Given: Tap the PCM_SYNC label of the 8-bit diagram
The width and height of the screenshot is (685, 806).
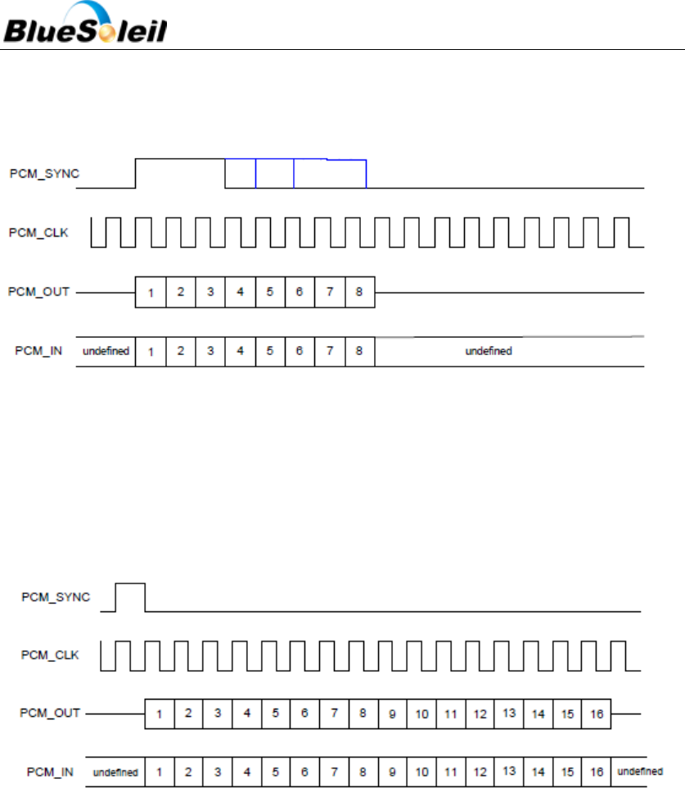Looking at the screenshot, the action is click(x=44, y=173).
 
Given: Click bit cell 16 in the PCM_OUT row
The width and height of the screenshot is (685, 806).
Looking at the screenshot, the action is click(x=597, y=714).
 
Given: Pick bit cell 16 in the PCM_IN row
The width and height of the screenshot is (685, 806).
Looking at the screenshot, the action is click(x=597, y=771).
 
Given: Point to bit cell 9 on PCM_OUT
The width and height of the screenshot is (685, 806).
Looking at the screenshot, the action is click(x=392, y=714).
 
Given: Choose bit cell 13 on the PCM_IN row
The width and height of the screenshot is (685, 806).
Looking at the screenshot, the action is click(x=509, y=771).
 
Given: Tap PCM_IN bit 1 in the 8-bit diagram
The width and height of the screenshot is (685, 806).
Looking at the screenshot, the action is click(x=151, y=351).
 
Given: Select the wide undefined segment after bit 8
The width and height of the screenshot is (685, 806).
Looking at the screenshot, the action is click(x=489, y=351).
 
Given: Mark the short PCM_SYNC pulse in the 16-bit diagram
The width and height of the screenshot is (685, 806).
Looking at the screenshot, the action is click(x=130, y=597).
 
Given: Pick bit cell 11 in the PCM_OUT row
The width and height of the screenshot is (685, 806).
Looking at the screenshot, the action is click(x=450, y=714).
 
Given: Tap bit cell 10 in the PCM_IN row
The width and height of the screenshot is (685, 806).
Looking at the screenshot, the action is click(x=421, y=771).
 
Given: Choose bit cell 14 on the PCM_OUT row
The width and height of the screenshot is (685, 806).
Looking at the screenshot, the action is click(x=538, y=714).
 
